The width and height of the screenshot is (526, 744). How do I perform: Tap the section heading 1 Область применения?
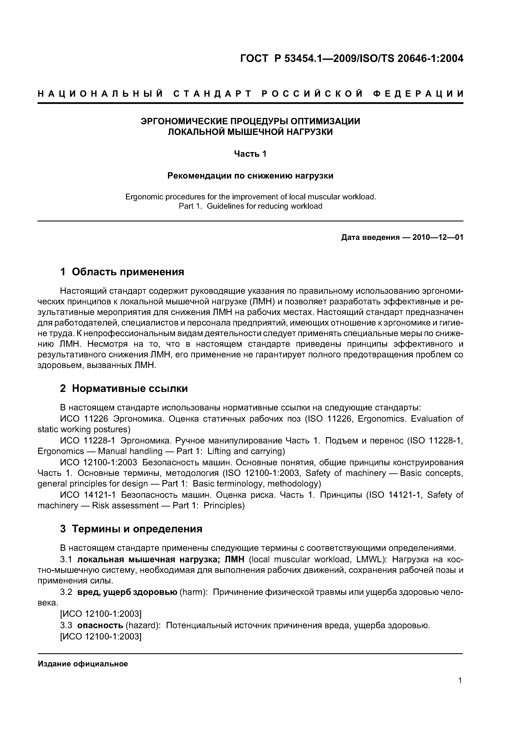[x=122, y=271]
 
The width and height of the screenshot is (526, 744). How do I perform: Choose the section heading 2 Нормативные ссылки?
[x=124, y=388]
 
